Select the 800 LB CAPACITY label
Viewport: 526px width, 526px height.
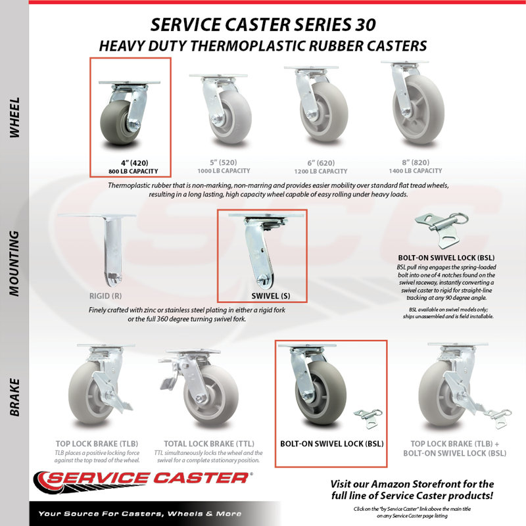click(x=133, y=172)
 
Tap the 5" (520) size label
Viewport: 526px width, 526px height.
click(x=224, y=162)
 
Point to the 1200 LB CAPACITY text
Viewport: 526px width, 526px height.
click(x=321, y=172)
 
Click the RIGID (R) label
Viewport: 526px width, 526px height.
click(x=105, y=297)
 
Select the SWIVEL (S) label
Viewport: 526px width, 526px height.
click(x=271, y=297)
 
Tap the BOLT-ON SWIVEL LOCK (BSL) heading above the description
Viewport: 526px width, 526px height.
click(x=446, y=258)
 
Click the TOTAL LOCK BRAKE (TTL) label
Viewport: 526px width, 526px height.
click(x=209, y=444)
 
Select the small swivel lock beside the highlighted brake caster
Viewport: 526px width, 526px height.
click(x=368, y=418)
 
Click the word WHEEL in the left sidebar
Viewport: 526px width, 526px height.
click(x=14, y=118)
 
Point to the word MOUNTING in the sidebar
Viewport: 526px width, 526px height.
click(x=14, y=264)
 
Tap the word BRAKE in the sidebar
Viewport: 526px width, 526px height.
click(x=14, y=398)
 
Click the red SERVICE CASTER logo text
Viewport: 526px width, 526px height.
click(x=147, y=478)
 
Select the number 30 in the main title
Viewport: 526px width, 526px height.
click(x=364, y=25)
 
